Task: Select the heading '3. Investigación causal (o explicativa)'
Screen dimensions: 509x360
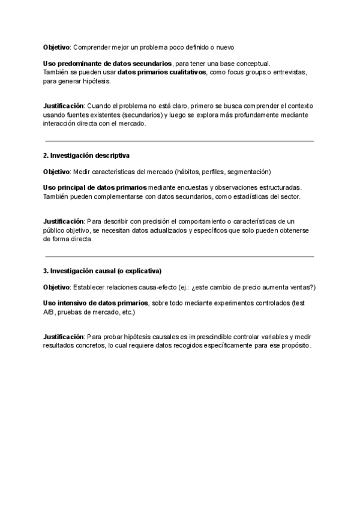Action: [103, 271]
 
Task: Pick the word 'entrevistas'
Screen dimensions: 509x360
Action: [290, 72]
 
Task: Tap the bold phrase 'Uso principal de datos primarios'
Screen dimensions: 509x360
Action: [95, 187]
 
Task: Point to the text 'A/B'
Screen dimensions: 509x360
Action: [49, 312]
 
